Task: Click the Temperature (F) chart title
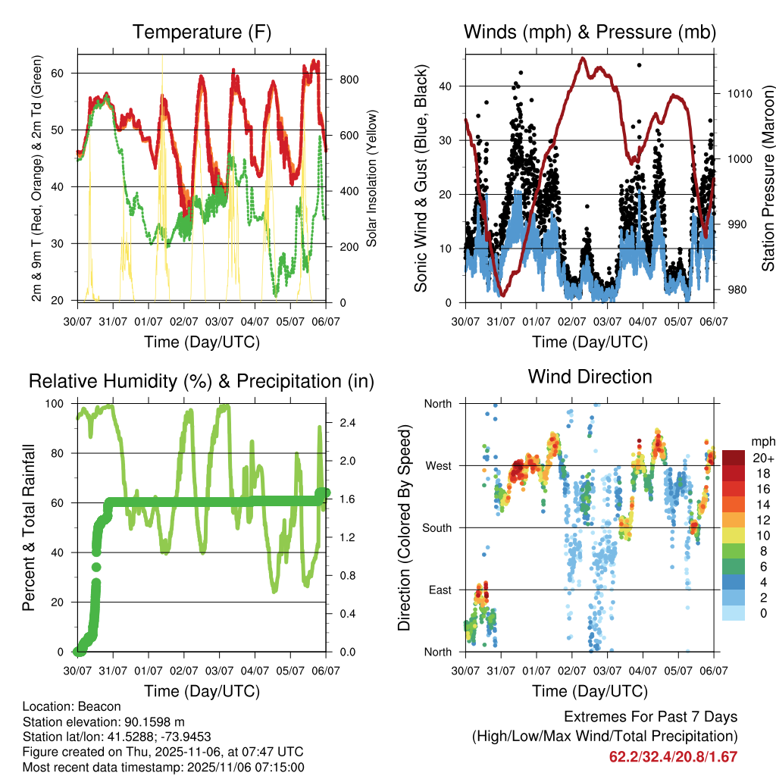coord(202,32)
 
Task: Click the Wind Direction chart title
coord(590,377)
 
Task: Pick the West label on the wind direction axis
coord(437,465)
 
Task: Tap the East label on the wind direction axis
coord(439,590)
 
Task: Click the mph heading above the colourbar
coord(762,441)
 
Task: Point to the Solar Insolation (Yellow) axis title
coord(372,178)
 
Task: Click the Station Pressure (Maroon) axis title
coord(768,178)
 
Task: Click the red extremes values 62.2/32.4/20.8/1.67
coord(673,756)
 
